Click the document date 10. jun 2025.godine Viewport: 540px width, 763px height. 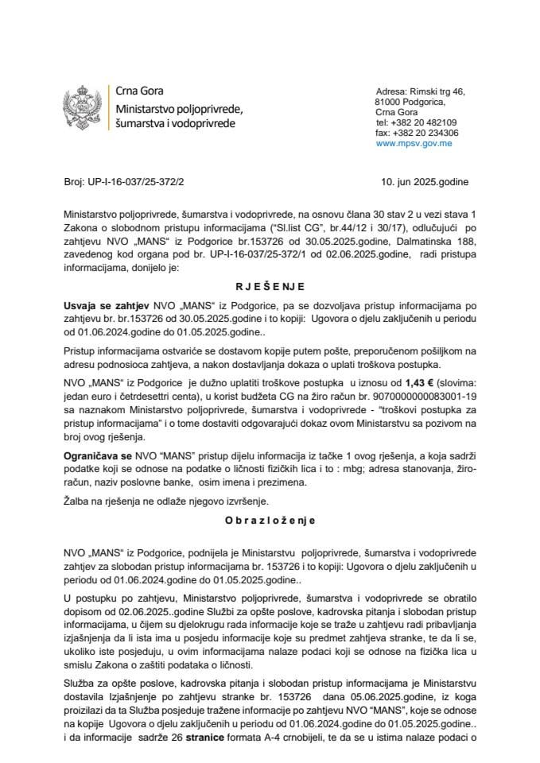click(425, 182)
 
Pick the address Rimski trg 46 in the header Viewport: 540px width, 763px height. click(437, 92)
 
